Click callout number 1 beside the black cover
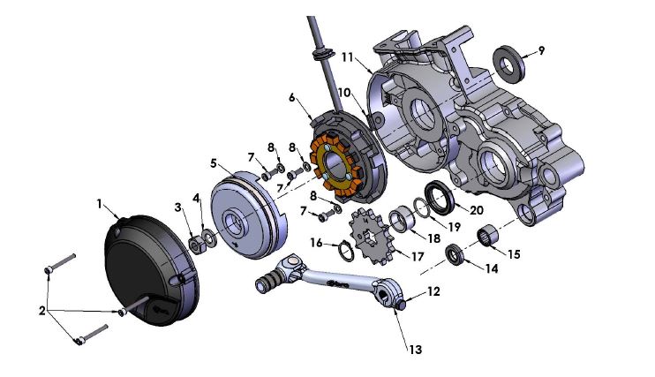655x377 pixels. coord(100,203)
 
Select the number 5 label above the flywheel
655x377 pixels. coord(213,162)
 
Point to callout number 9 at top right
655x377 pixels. coord(541,50)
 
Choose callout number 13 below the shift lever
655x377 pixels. coord(413,350)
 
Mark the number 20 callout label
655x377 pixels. coord(477,211)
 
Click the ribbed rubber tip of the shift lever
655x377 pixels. coord(265,283)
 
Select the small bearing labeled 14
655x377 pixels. coord(455,257)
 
